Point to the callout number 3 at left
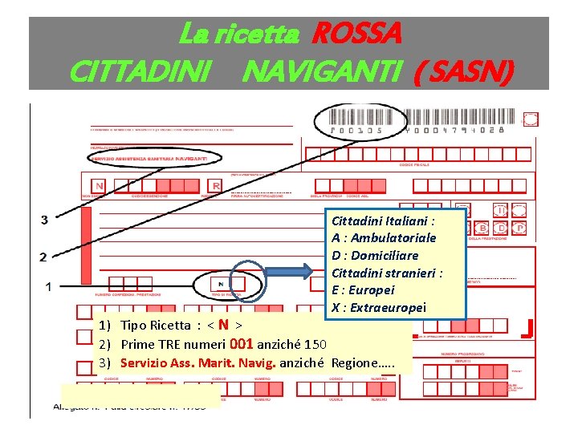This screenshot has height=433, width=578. (x=43, y=220)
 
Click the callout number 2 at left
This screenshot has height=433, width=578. (x=43, y=257)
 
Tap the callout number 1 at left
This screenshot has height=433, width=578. (x=48, y=285)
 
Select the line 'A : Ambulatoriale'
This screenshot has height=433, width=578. (x=384, y=237)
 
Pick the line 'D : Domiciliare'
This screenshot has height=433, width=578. (x=375, y=255)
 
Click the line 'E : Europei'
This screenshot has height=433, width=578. (x=363, y=290)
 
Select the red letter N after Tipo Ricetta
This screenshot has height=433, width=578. (x=223, y=326)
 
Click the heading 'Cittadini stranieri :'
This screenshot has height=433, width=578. (x=387, y=273)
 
